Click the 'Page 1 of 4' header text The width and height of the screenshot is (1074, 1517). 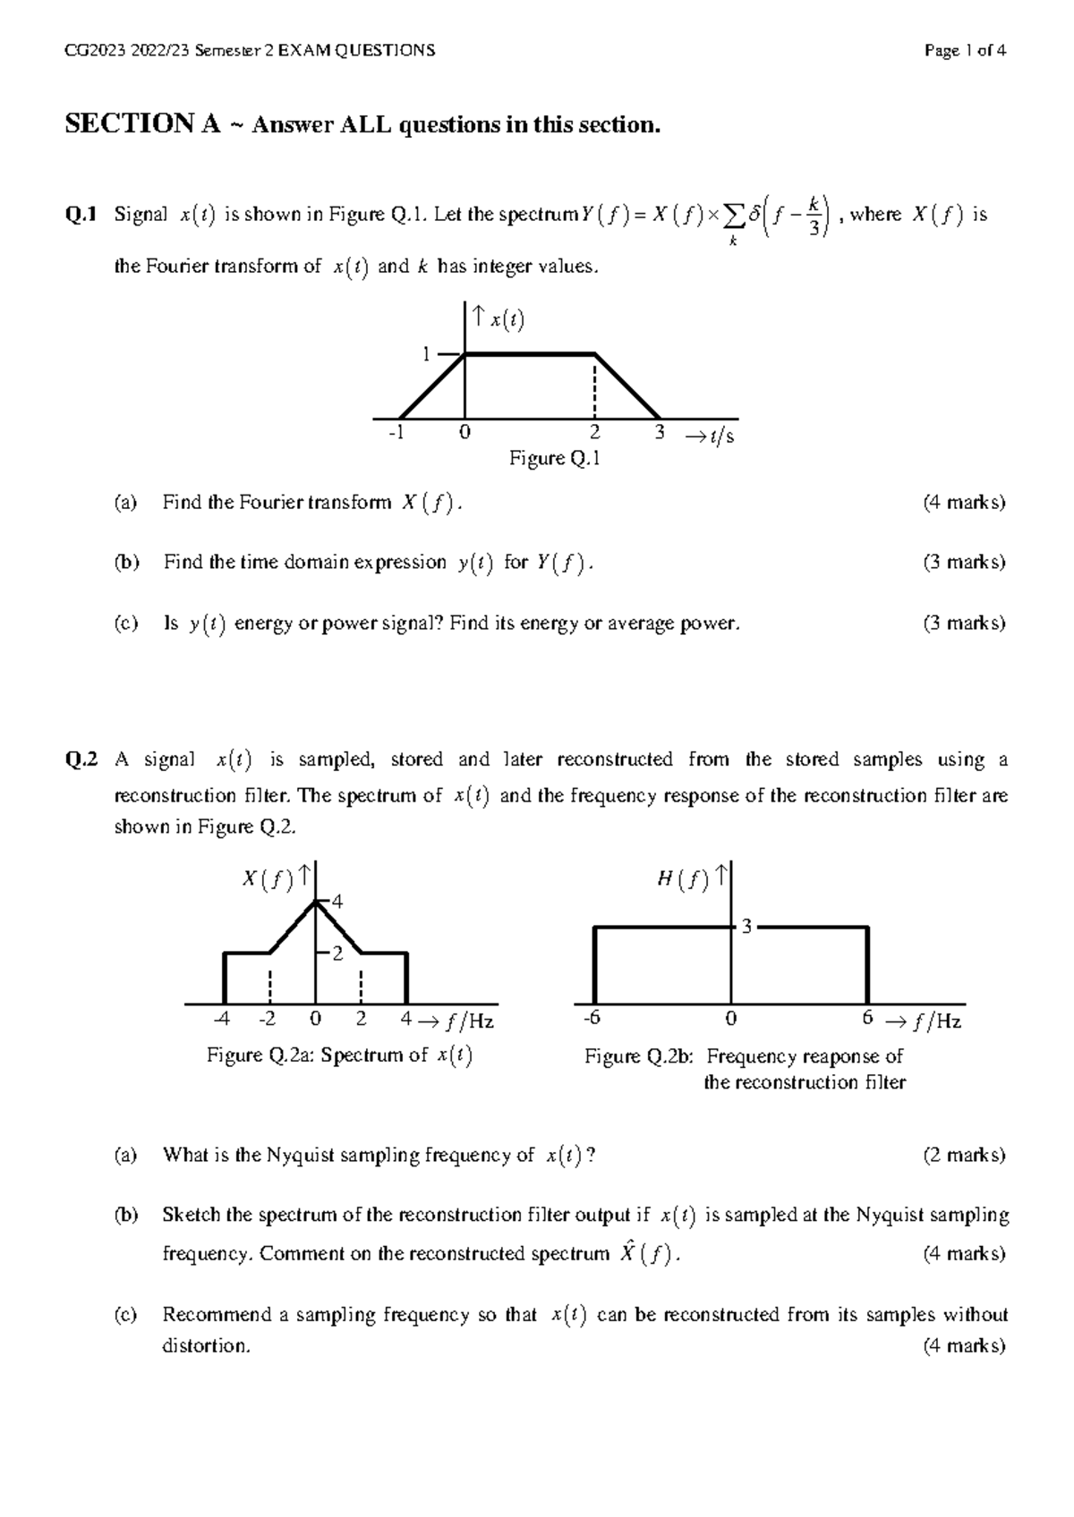(x=966, y=51)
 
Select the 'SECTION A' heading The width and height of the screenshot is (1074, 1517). (x=142, y=124)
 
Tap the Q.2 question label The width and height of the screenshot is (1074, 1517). (x=81, y=760)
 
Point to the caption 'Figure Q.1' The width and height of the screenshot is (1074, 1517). (x=554, y=460)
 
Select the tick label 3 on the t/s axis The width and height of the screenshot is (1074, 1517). (x=660, y=434)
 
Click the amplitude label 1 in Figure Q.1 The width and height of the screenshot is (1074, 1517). (x=427, y=354)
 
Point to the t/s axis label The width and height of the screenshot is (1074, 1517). (x=710, y=436)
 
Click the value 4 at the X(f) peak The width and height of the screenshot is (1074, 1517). (x=337, y=903)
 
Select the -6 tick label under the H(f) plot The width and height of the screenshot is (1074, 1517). (x=590, y=1020)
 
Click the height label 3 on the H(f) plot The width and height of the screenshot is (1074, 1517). (x=746, y=928)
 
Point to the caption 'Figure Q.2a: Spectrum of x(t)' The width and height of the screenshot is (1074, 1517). (x=339, y=1056)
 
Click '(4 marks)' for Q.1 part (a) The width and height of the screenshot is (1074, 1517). (x=964, y=503)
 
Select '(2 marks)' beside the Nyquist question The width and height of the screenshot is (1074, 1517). (x=964, y=1156)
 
